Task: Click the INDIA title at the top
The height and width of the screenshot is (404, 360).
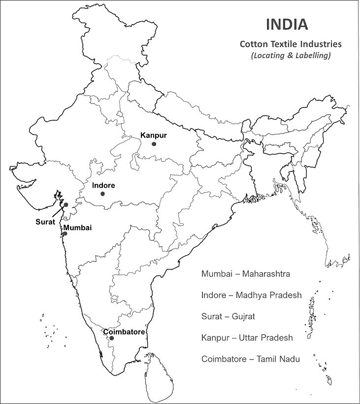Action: pos(287,24)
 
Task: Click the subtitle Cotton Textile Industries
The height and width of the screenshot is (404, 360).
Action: pos(291,44)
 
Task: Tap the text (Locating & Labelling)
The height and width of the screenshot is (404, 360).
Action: pos(291,55)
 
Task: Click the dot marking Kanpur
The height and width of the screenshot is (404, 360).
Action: pos(154,144)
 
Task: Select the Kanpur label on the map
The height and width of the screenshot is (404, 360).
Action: pos(154,135)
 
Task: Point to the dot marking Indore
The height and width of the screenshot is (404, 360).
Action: pos(102,194)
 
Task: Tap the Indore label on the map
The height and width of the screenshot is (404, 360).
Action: pos(103,186)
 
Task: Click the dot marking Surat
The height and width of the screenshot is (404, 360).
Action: pos(65,204)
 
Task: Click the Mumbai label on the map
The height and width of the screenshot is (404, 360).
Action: pos(77,228)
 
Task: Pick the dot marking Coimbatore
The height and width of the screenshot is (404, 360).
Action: pos(112,338)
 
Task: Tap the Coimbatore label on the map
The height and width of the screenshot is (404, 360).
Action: pos(124,332)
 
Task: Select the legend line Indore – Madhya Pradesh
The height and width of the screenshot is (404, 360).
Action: pos(251,295)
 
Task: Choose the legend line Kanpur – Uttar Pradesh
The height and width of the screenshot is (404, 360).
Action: pos(247,338)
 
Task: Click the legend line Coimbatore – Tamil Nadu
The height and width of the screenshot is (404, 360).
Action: pos(251,359)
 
